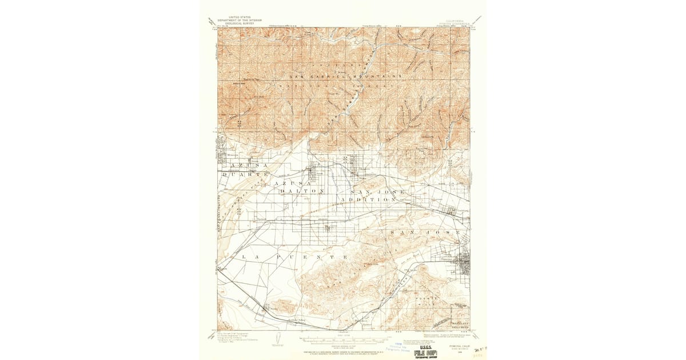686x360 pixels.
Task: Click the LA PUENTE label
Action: pos(294,258)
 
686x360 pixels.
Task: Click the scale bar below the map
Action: pos(343,338)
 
